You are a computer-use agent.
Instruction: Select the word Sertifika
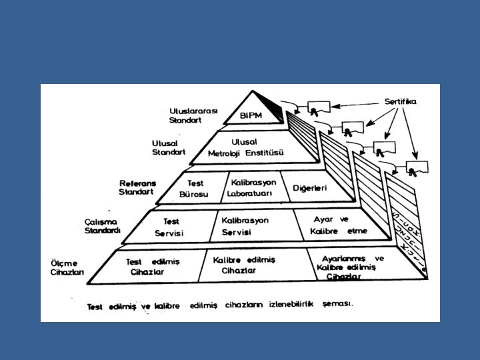click(x=400, y=101)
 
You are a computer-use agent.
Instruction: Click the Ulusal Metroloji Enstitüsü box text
click(x=246, y=147)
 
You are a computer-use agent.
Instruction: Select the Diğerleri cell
click(x=310, y=188)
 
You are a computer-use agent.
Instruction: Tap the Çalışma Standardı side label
click(x=102, y=226)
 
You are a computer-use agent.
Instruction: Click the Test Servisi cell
click(x=169, y=227)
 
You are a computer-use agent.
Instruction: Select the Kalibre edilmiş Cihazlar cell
click(x=244, y=265)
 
